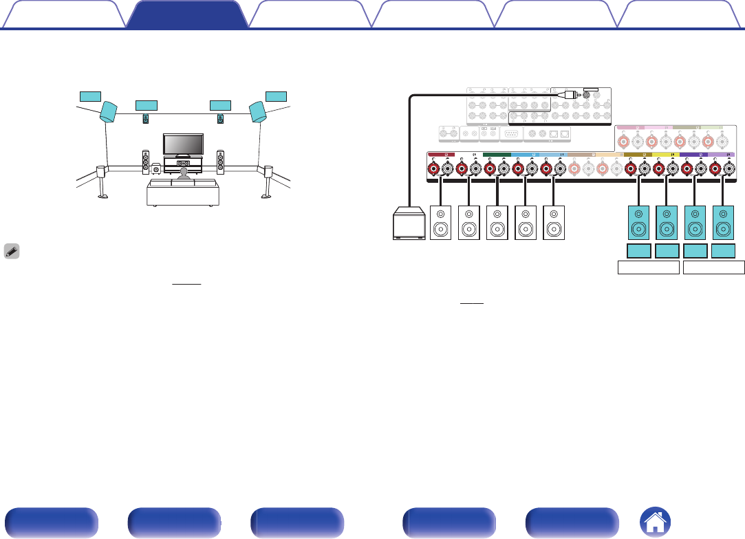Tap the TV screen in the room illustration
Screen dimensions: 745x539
click(183, 144)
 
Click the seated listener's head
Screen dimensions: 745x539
click(183, 176)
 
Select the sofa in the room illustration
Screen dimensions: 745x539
click(183, 194)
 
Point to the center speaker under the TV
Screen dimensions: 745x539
click(183, 164)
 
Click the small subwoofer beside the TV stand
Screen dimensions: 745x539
click(156, 167)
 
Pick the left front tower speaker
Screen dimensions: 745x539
click(146, 162)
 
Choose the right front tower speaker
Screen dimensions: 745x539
click(220, 162)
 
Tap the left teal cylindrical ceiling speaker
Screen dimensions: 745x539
click(109, 112)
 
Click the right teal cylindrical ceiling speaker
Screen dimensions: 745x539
click(257, 112)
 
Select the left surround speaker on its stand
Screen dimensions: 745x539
click(101, 178)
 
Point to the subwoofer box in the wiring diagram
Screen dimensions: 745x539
click(408, 225)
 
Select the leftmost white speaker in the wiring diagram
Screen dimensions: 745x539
click(440, 223)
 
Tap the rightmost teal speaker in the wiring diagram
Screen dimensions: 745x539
click(724, 223)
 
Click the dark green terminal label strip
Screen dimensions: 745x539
click(497, 155)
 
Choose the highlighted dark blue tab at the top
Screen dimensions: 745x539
click(187, 14)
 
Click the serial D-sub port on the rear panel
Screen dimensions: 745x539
click(511, 134)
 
